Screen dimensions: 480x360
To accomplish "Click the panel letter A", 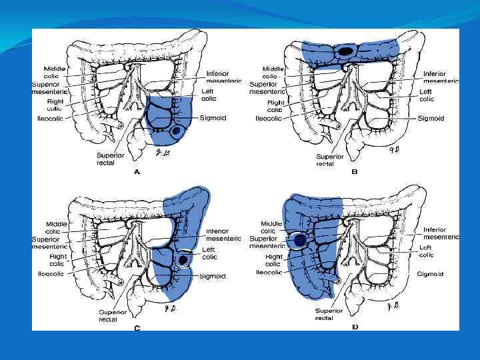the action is click(137, 172).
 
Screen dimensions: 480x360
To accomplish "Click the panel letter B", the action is click(355, 172).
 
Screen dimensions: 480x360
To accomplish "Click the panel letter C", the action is click(137, 327).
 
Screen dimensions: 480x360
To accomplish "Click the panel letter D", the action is click(355, 327).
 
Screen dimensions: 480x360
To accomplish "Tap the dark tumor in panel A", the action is click(176, 131).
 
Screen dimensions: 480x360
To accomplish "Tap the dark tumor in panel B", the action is click(345, 51).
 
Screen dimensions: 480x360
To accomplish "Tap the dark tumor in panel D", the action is click(301, 239).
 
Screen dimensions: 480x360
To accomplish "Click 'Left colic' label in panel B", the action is click(427, 95).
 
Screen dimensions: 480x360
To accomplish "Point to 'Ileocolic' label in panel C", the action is click(51, 273).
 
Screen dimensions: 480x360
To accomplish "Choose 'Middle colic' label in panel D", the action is click(272, 227).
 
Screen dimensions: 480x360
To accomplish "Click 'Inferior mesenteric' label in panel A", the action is click(223, 77).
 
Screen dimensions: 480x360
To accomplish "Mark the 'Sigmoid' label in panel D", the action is click(431, 273).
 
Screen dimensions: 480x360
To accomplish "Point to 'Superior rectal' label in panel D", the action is click(329, 314).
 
